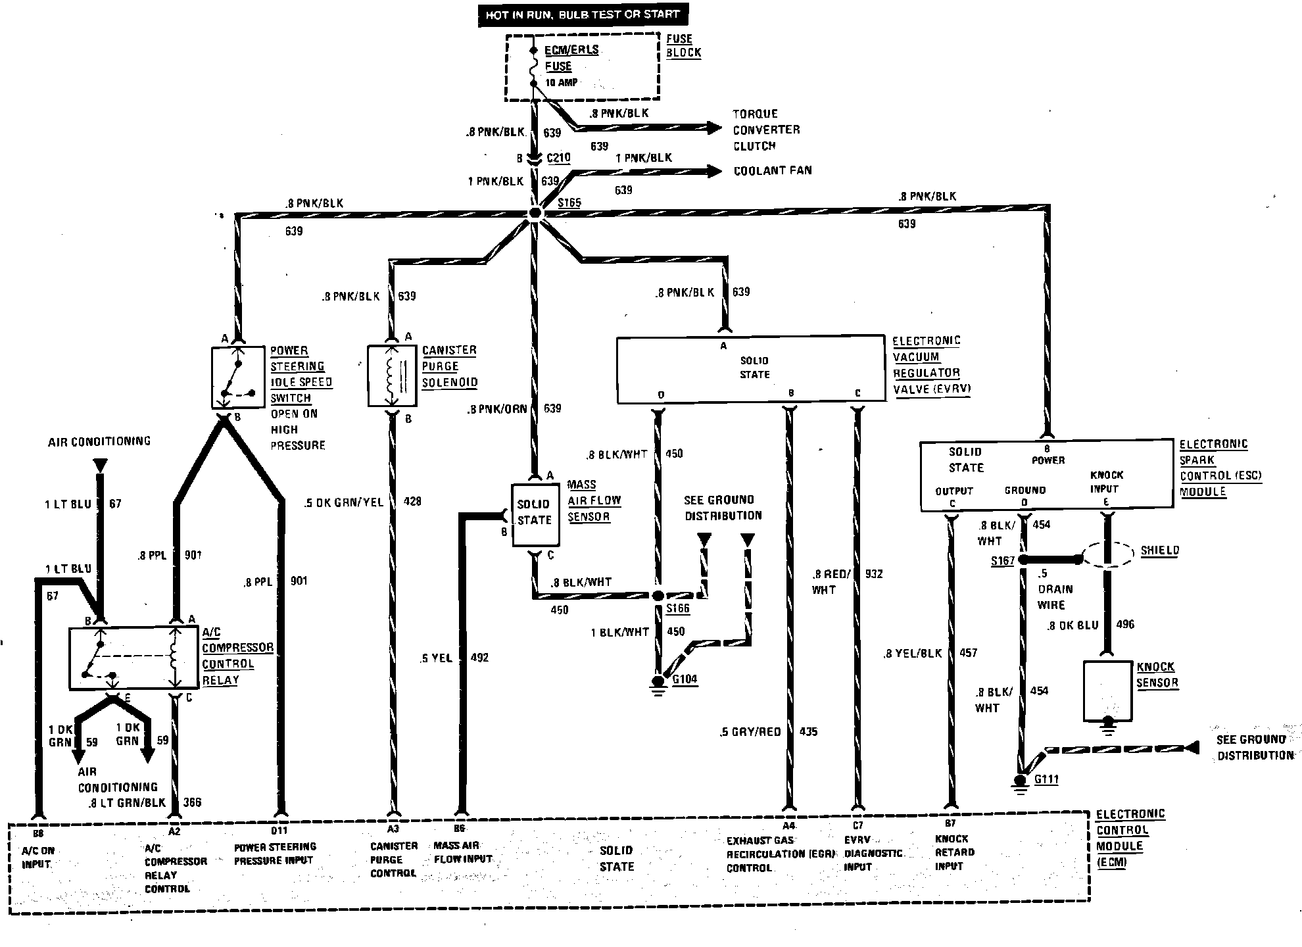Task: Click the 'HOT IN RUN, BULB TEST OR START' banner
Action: (x=582, y=14)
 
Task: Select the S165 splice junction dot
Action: (x=535, y=213)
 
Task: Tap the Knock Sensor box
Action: (x=1108, y=691)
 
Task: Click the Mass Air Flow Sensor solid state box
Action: (x=535, y=515)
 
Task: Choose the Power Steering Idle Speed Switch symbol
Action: (x=237, y=377)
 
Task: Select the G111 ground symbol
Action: (x=1021, y=782)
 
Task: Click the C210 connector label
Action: (x=558, y=158)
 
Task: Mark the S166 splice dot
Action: (x=658, y=596)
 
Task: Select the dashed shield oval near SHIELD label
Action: (x=1108, y=554)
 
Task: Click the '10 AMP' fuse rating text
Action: (x=561, y=82)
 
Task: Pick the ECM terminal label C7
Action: (x=857, y=825)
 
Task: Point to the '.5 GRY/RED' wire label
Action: (x=750, y=732)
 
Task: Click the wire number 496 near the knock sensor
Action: (x=1125, y=624)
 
